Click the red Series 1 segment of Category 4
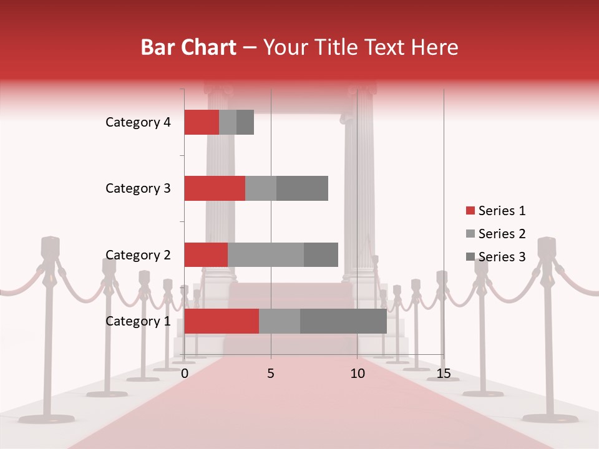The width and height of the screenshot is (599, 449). click(x=202, y=122)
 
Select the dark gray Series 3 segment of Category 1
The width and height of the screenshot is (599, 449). click(x=343, y=321)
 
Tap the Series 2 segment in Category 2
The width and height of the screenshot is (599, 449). click(x=266, y=254)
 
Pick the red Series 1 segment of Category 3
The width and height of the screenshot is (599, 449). click(x=215, y=188)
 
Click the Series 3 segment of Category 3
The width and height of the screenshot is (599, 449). click(x=302, y=188)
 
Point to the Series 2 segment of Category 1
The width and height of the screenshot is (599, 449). click(x=280, y=321)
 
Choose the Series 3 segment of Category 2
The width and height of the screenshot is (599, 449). click(x=321, y=254)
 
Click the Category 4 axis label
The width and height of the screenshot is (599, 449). click(x=138, y=122)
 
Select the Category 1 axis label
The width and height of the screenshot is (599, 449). click(x=138, y=321)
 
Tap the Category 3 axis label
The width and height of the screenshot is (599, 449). click(x=138, y=188)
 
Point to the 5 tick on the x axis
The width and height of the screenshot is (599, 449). click(x=271, y=374)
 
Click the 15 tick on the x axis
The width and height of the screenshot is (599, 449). click(x=444, y=374)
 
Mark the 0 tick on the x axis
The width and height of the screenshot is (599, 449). click(x=185, y=374)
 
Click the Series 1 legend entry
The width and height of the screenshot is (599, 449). click(x=495, y=211)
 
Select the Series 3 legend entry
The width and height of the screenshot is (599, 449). click(x=495, y=256)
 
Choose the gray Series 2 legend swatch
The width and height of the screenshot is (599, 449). click(x=470, y=234)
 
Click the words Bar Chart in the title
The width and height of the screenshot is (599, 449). click(x=188, y=47)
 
